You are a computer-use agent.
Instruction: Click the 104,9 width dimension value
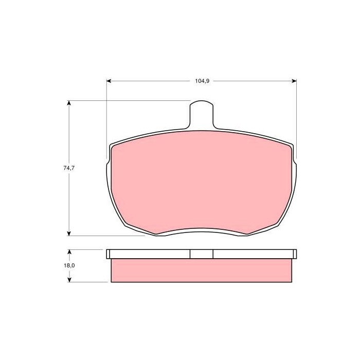coord(202,81)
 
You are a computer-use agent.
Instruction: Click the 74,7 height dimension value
coord(69,168)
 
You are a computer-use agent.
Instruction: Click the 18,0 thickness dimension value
coord(69,265)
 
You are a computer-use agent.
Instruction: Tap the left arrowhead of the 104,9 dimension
coord(109,81)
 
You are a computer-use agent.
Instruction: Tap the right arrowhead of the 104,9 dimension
coord(294,81)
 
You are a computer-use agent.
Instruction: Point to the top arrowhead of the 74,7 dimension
coord(68,103)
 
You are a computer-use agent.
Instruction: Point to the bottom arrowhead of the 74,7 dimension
coord(68,233)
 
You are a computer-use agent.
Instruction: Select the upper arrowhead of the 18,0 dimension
coord(69,253)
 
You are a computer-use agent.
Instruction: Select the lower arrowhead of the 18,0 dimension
coord(69,279)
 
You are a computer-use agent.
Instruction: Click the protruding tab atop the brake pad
coord(202,115)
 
